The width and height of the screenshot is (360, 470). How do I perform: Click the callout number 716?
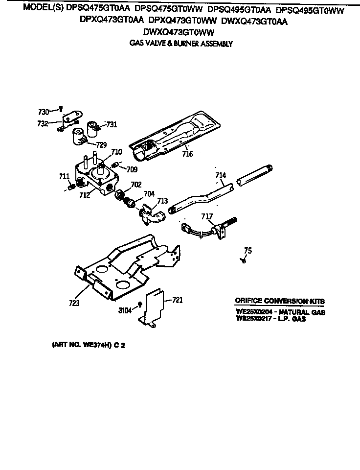(187, 154)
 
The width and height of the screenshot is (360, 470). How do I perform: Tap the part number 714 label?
(221, 175)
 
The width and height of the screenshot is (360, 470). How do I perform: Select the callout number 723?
(74, 303)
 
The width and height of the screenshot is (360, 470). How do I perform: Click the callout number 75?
(248, 251)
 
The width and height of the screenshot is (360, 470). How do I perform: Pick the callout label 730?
(44, 112)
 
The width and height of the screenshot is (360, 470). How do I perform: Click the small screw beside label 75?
(243, 261)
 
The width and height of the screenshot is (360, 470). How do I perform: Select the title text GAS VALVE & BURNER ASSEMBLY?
(180, 44)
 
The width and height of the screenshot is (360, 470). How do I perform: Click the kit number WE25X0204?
(252, 312)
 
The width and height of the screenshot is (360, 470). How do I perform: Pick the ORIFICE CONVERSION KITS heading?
(279, 301)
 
